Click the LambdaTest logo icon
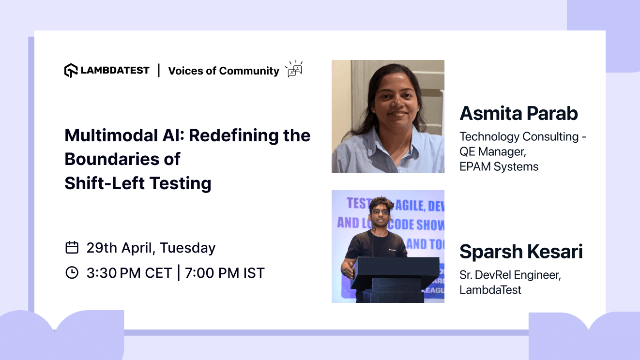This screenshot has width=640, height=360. tap(71, 71)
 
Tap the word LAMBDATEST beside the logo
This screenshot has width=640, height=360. tap(115, 71)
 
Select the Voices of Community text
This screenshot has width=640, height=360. tap(224, 71)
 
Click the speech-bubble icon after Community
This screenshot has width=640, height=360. tap(294, 69)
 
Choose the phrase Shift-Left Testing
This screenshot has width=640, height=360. tap(138, 183)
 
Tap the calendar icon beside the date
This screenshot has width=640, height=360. tap(72, 248)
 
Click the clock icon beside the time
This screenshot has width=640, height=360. tap(72, 273)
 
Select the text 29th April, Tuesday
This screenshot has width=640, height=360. tap(151, 248)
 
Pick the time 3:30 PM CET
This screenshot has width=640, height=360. tap(129, 273)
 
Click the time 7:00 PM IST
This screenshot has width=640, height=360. tap(225, 273)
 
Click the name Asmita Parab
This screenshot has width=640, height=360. tap(518, 114)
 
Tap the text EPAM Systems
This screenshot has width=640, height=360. tap(499, 167)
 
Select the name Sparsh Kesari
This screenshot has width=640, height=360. tap(521, 252)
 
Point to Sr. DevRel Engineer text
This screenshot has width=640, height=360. tap(510, 275)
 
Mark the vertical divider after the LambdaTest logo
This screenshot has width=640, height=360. tap(159, 71)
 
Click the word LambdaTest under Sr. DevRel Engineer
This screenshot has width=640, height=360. tap(490, 290)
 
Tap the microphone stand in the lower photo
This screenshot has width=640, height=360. tap(373, 242)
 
